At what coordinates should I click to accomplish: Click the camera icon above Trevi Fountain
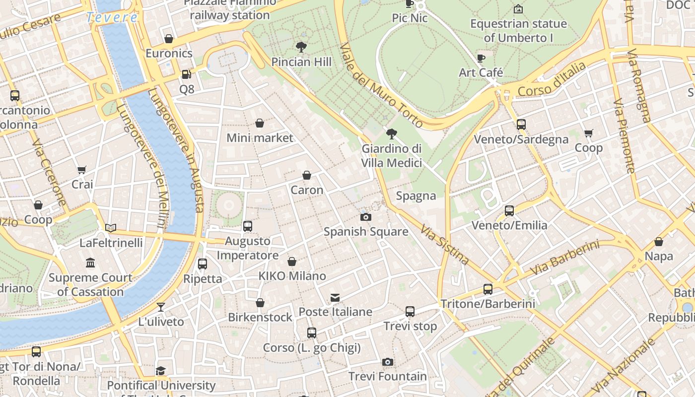tap(388, 362)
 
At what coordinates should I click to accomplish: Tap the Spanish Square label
tap(366, 231)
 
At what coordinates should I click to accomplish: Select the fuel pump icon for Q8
tap(186, 74)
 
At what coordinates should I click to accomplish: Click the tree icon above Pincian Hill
tap(301, 47)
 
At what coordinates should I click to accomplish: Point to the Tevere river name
tap(112, 17)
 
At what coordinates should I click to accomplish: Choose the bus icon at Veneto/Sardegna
tap(521, 125)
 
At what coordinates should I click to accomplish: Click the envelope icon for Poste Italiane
tap(335, 298)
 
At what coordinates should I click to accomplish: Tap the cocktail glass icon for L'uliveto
tap(161, 307)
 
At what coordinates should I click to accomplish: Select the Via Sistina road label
tap(445, 244)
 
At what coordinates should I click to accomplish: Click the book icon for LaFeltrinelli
tap(111, 228)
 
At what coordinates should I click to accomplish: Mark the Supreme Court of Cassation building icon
tap(90, 263)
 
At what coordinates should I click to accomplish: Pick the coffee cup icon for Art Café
tap(481, 58)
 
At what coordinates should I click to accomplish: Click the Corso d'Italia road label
tap(552, 79)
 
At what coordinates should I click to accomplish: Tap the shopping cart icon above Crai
tap(82, 170)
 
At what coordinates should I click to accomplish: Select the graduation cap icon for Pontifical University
tap(160, 371)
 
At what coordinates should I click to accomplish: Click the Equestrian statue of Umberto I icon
tap(518, 9)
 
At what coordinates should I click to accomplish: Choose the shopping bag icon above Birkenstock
tap(260, 303)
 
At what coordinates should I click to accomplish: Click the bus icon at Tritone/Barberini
tap(488, 289)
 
